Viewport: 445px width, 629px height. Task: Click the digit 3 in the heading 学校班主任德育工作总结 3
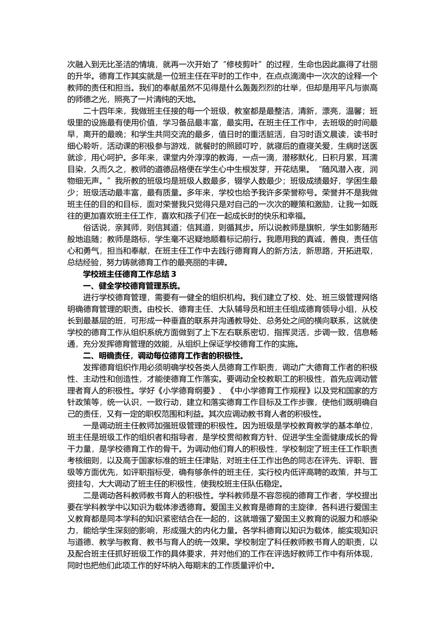[174, 274]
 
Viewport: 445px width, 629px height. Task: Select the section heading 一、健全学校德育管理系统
[132, 286]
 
